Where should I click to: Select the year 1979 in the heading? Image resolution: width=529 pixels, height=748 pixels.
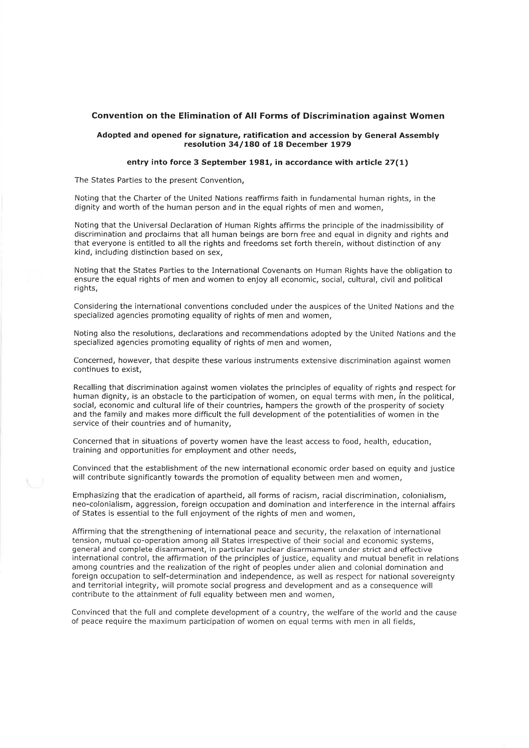coord(340,144)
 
